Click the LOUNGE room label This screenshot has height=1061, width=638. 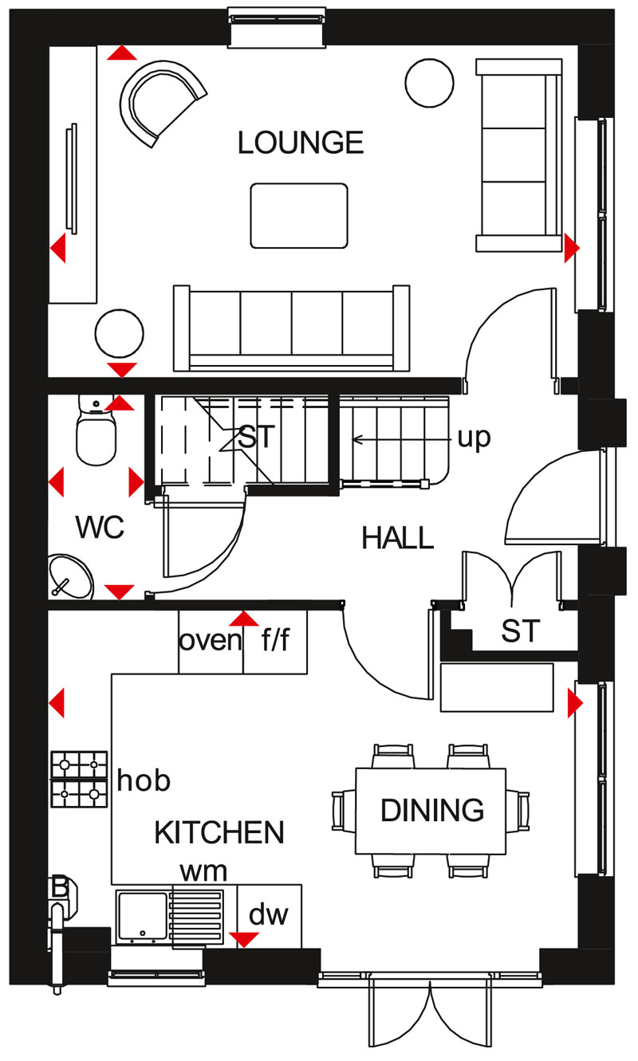click(301, 143)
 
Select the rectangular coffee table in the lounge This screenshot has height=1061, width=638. click(299, 215)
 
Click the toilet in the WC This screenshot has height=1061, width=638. click(95, 434)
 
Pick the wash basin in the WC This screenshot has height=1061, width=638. click(70, 576)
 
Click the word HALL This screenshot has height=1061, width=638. click(397, 538)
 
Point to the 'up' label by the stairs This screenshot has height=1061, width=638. click(473, 438)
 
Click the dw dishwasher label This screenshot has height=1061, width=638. click(268, 915)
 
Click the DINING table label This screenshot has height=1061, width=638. click(431, 810)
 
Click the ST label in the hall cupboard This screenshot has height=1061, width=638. click(520, 631)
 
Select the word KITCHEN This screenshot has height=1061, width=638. click(219, 832)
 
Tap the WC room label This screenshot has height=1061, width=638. click(100, 528)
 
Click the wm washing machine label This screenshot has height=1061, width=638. click(203, 870)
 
